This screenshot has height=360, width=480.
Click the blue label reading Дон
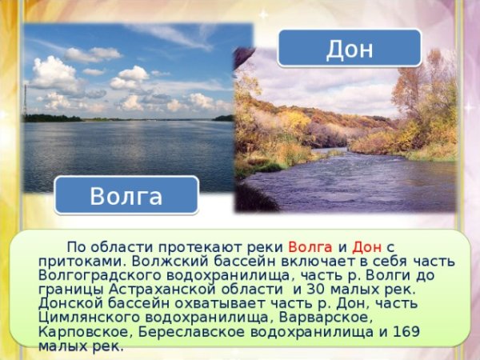point(350,49)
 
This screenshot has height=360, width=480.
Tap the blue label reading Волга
point(126,196)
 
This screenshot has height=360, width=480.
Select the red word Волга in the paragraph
point(310,246)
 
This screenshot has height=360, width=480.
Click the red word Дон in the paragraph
point(366,246)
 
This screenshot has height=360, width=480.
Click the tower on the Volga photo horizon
point(26,100)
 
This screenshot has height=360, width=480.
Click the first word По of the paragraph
point(77,246)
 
